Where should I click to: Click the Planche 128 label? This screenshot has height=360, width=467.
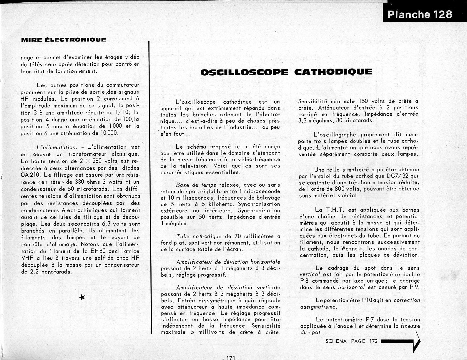point(420,14)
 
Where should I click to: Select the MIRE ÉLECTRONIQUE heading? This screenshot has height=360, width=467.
point(64,39)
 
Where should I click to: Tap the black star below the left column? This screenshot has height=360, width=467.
point(82,298)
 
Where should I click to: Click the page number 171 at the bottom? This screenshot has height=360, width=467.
point(230,358)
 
